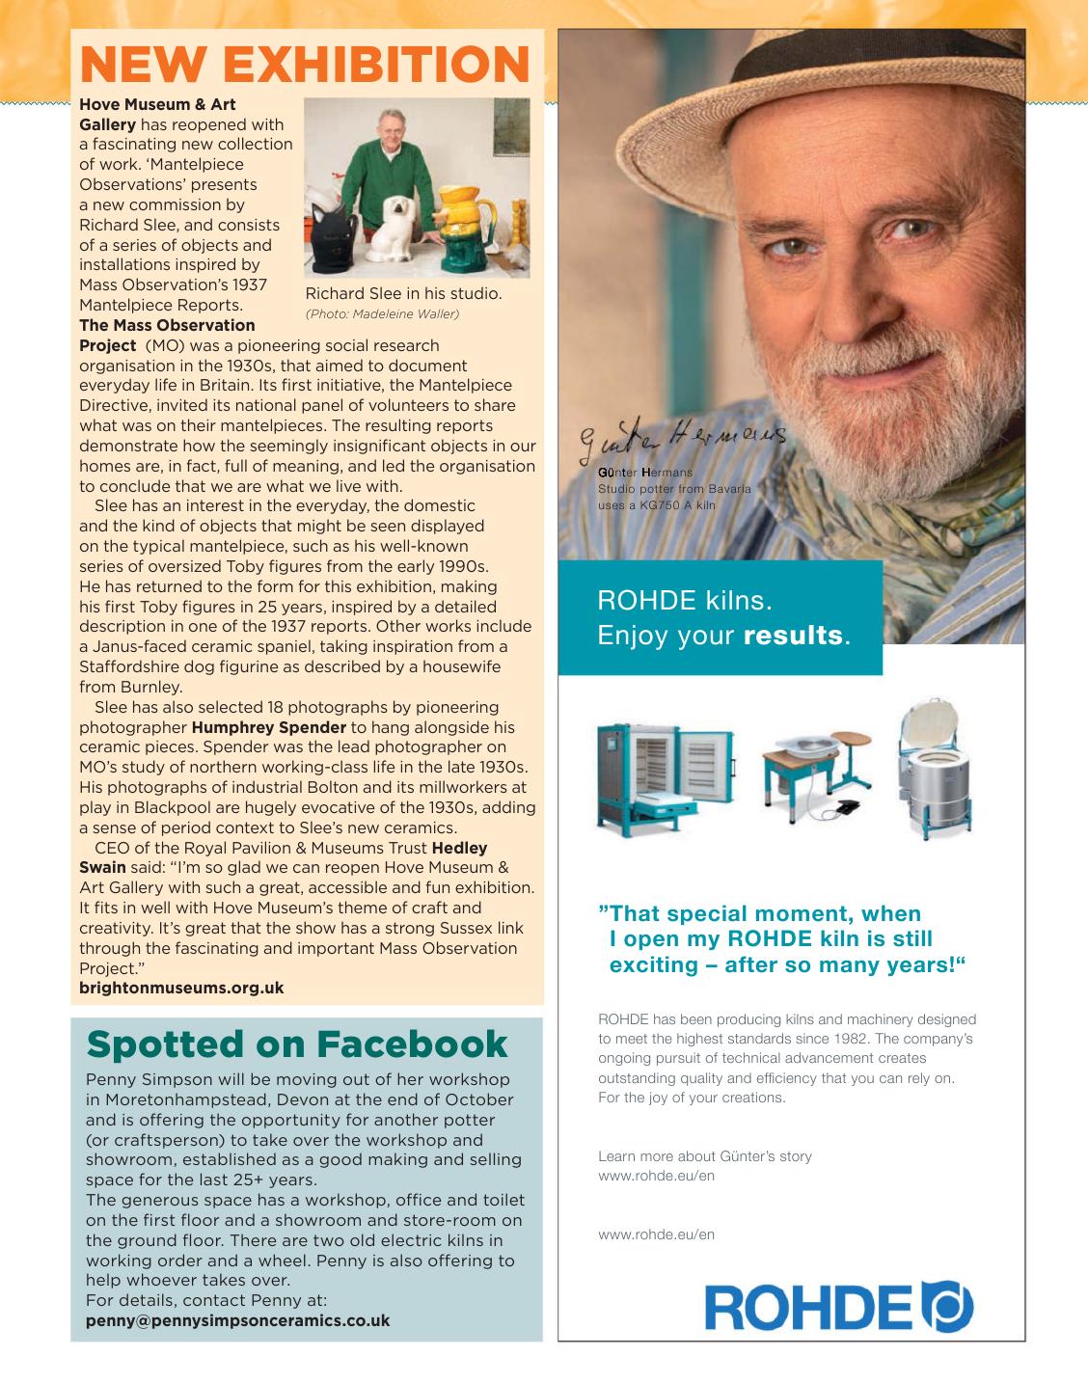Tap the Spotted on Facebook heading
point(297,1044)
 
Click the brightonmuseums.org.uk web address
point(181,988)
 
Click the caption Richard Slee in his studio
point(403,293)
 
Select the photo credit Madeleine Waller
point(382,313)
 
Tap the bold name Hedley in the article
point(459,848)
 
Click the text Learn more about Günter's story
point(705,1155)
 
